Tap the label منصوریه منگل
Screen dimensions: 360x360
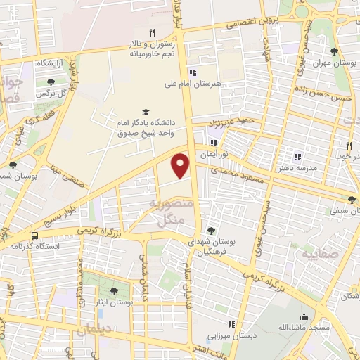pos(167,212)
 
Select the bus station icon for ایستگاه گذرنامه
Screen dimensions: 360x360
pos(34,236)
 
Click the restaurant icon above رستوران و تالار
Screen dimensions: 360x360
pos(152,32)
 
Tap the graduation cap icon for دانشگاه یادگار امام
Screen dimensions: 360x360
pos(146,112)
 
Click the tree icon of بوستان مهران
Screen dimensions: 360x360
pos(333,51)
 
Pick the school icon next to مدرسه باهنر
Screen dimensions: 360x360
pos(297,157)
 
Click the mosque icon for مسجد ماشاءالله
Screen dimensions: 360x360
pos(304,316)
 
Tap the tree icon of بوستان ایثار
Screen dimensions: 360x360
pos(114,290)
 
